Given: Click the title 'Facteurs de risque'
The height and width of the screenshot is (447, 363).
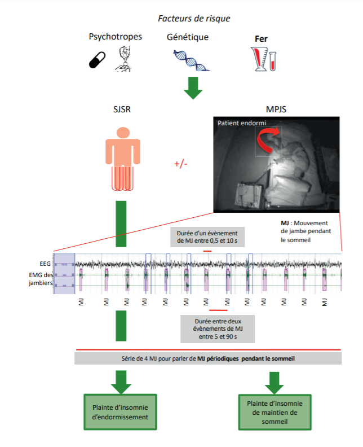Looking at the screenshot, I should coord(194,19).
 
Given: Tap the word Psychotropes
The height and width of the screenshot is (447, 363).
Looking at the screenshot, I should coord(115,37).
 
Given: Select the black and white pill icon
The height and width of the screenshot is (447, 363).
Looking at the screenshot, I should coord(98,59).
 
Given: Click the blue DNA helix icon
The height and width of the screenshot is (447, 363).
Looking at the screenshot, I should coord(192,59).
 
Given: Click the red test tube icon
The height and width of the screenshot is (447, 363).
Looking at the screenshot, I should coord(272,60).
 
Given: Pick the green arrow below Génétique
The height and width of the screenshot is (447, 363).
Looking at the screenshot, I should coord(193,87).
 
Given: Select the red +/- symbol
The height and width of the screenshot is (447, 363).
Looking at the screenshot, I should coord(181,164).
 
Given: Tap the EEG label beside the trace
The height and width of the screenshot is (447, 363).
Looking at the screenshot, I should coord(46,263).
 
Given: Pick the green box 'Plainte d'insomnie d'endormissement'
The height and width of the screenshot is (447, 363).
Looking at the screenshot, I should coord(119,413).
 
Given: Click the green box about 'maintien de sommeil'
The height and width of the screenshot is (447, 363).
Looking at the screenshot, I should coord(275,412).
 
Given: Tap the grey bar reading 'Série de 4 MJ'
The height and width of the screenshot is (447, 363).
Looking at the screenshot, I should coord(208,358).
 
